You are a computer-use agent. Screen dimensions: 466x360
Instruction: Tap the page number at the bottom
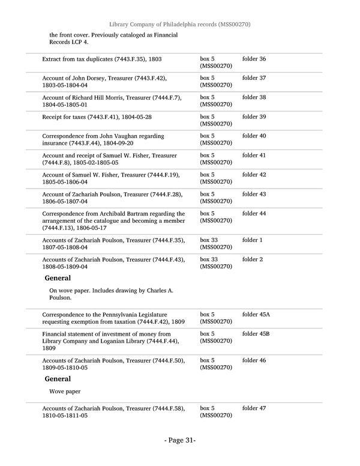(x=180, y=440)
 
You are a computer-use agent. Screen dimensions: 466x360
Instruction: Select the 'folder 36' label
(x=254, y=59)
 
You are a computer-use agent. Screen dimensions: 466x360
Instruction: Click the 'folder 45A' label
(x=256, y=315)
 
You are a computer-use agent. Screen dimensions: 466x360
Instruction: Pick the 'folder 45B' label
(x=256, y=334)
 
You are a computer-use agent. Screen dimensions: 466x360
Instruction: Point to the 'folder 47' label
(x=254, y=408)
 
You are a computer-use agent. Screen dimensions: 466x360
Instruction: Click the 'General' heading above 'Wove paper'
(x=58, y=379)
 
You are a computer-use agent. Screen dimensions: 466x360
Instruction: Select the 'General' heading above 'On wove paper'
(x=58, y=278)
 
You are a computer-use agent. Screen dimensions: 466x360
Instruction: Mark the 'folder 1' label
(x=252, y=240)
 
